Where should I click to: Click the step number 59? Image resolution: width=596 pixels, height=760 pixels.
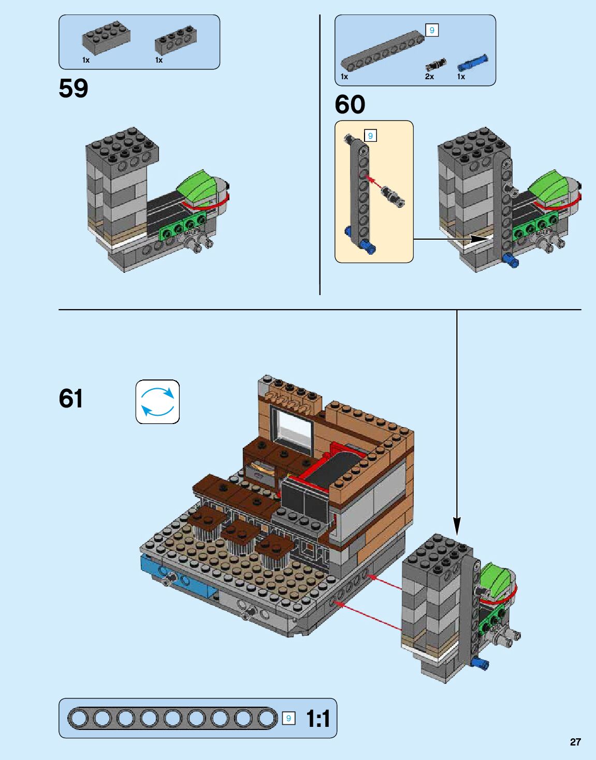tap(74, 89)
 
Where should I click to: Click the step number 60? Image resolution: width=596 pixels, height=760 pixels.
tap(350, 105)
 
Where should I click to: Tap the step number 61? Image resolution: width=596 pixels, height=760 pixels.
tap(71, 399)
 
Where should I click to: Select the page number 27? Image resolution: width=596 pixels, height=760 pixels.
tap(575, 742)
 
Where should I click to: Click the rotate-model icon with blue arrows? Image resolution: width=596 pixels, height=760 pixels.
tap(158, 402)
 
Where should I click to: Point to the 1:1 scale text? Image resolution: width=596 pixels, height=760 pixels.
tap(317, 719)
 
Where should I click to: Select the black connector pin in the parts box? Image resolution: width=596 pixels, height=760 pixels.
tap(435, 65)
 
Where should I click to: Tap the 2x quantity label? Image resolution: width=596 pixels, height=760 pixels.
tap(429, 77)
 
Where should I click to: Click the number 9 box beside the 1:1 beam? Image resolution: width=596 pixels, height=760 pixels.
tap(289, 718)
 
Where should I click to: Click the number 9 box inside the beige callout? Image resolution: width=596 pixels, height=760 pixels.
tap(370, 136)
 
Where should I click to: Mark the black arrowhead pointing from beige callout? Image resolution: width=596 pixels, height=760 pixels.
tap(479, 239)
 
